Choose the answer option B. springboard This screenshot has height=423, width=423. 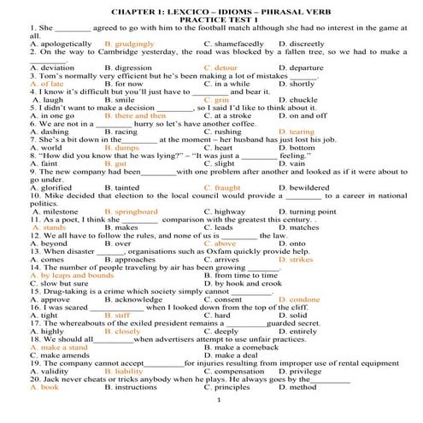click(x=131, y=210)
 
